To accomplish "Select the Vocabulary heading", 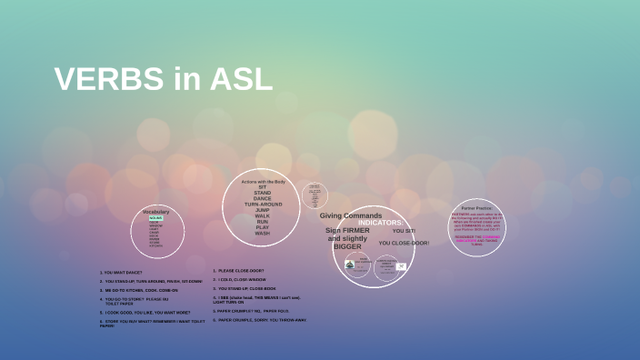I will coord(155,211).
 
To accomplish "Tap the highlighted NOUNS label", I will coord(155,218).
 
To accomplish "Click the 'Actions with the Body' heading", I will coord(262,182).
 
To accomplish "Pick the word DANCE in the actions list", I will coord(262,198).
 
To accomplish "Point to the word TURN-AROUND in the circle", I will coord(262,205).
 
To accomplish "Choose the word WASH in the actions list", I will coord(262,233).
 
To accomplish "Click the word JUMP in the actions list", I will coord(262,210).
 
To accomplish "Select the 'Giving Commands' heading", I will coord(350,215).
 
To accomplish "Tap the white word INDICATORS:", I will coord(385,223).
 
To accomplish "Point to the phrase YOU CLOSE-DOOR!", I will coord(404,243).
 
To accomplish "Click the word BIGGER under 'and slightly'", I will coord(347,246).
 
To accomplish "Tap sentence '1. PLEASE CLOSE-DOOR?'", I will coord(238,270).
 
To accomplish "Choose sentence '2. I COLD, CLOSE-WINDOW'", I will coord(241,279).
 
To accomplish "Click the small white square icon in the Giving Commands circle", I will coord(401,266).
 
